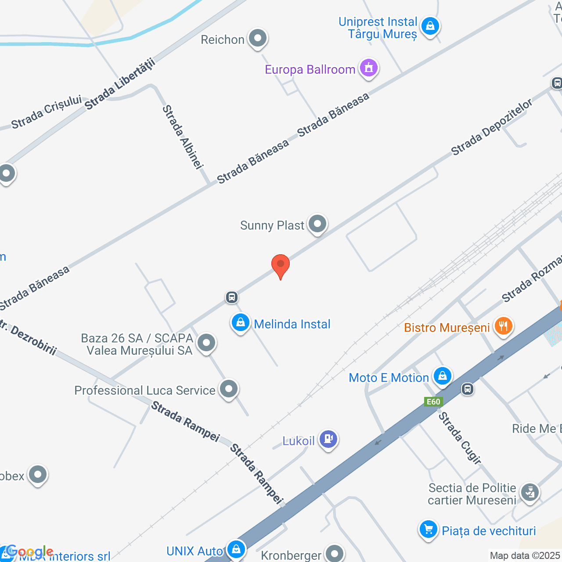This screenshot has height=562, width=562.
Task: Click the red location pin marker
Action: tap(281, 265)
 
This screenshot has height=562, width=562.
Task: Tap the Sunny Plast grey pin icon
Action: tap(317, 224)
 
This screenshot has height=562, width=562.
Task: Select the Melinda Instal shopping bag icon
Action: tap(240, 323)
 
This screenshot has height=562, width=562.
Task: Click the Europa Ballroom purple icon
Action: tap(369, 68)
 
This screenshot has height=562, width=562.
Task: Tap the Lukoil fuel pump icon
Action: tap(328, 439)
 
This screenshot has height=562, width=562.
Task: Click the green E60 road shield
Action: tap(433, 402)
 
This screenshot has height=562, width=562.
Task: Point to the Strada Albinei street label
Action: tap(183, 137)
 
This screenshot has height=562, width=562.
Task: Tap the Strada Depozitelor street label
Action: tap(492, 127)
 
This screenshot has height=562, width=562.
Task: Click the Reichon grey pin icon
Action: tap(258, 39)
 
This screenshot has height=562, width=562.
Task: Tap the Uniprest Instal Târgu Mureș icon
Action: tap(430, 26)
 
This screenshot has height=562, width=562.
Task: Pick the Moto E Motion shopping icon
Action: tap(442, 377)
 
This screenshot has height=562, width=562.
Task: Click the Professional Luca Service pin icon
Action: tap(229, 389)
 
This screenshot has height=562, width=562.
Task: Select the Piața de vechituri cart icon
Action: tap(429, 530)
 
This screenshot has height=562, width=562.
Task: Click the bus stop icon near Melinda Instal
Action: tap(232, 297)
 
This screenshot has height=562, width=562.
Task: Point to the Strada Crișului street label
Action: tap(47, 112)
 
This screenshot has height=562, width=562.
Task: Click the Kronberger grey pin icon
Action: tap(335, 554)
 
